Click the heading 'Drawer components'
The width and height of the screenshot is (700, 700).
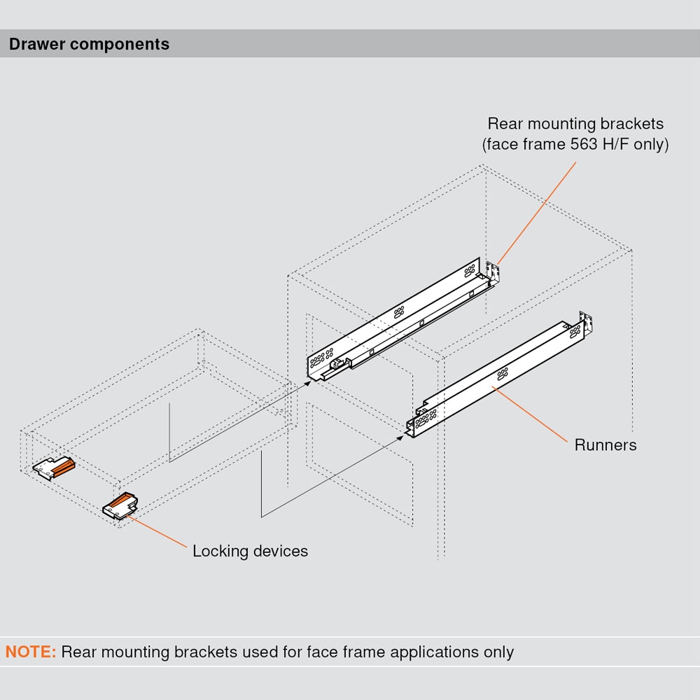coord(89,44)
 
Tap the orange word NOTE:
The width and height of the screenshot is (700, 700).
coord(31,652)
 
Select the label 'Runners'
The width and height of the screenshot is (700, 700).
coord(605,444)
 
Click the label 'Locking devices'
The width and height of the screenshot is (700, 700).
coord(250,551)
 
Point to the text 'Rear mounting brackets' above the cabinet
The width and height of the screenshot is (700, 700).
coord(575,124)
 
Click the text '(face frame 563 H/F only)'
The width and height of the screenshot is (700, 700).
coord(575,145)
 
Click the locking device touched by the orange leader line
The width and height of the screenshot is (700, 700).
coord(120,504)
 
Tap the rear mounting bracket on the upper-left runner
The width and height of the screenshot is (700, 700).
coord(493,271)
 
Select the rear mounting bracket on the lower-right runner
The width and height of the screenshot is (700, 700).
coord(588,323)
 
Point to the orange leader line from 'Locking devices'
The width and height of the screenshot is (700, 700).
coord(157,532)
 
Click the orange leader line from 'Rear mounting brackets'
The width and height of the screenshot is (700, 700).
coord(536,213)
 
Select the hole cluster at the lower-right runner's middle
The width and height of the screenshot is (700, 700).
coord(502,374)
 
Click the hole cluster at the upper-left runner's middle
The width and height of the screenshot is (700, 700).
coord(400,312)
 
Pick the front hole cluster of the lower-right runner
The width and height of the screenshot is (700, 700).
coord(425,418)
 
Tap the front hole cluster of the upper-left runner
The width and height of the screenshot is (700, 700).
coord(321,360)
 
